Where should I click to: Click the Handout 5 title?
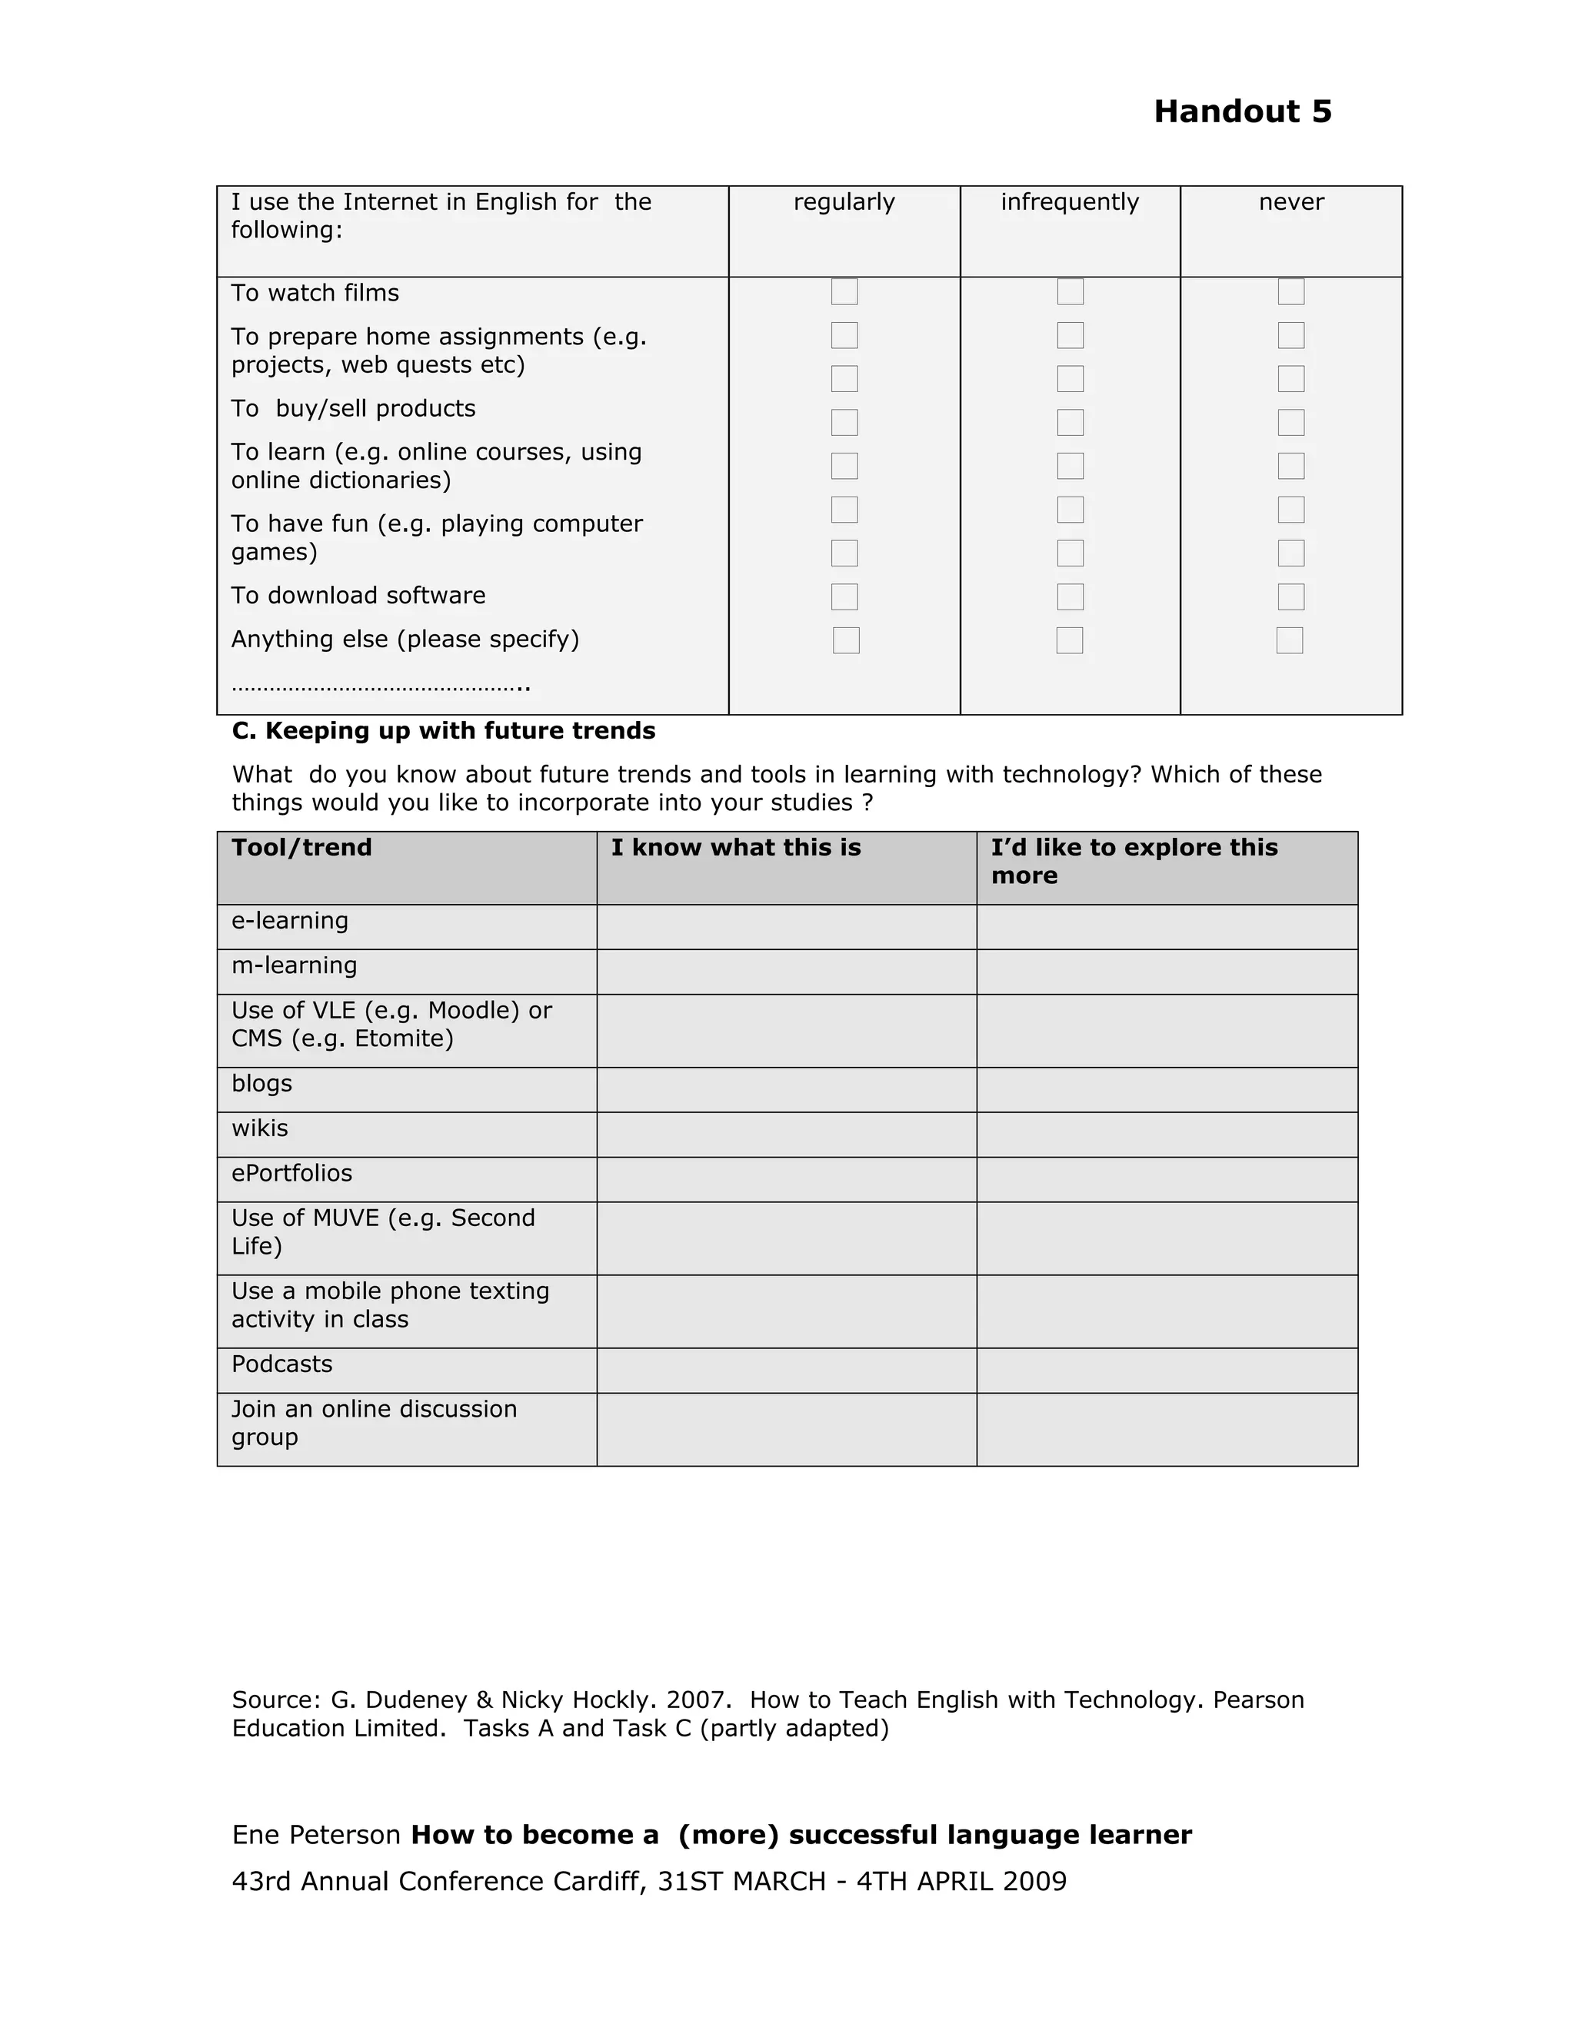click(x=1242, y=112)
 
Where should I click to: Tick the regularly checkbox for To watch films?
click(x=844, y=292)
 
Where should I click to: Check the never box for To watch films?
click(x=1290, y=292)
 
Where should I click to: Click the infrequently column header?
click(x=1069, y=202)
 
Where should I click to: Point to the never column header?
click(x=1290, y=202)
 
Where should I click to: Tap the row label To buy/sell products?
click(x=353, y=408)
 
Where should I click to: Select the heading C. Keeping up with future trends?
click(x=443, y=730)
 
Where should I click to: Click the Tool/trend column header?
click(x=301, y=848)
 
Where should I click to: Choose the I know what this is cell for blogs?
click(x=786, y=1089)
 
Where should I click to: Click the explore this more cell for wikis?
click(x=1167, y=1134)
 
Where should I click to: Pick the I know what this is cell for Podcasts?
click(x=786, y=1370)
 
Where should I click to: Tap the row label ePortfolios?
click(x=292, y=1173)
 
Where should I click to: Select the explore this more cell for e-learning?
click(x=1167, y=927)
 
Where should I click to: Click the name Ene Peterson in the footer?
click(x=315, y=1836)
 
